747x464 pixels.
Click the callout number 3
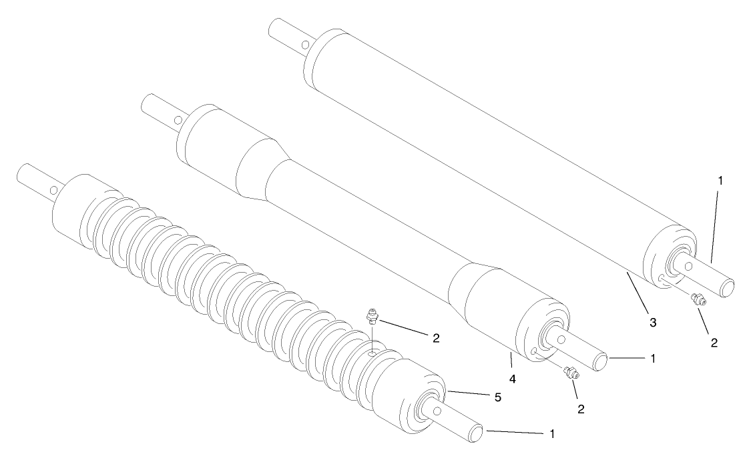[x=653, y=323]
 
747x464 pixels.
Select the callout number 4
[x=511, y=379]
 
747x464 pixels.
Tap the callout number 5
[x=497, y=397]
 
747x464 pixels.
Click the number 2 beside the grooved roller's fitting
[x=435, y=337]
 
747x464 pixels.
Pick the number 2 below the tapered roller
[x=581, y=409]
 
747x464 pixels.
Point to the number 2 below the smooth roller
[x=714, y=343]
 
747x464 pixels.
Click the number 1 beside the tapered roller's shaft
[x=654, y=358]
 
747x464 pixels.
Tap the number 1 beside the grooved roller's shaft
[x=551, y=433]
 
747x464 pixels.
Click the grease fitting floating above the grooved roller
[x=372, y=315]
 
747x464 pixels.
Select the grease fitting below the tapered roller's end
[x=571, y=374]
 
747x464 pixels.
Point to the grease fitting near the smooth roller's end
[x=698, y=300]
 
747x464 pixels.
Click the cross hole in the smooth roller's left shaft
[x=304, y=45]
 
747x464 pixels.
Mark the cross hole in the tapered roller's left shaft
[x=179, y=120]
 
